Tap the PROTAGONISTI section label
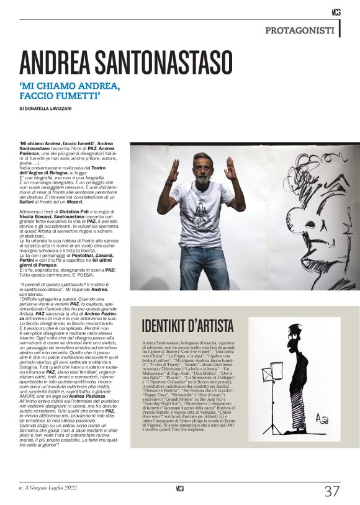(300, 30)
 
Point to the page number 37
(332, 491)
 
